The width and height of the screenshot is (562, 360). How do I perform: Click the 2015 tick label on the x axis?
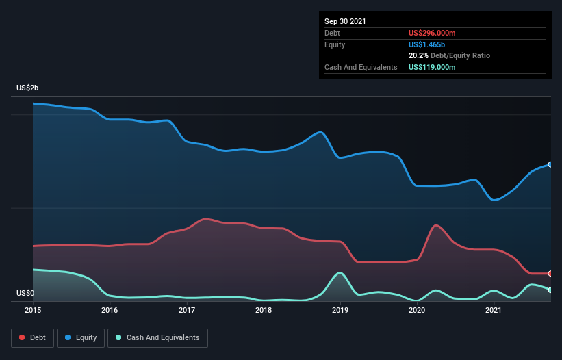tap(32, 310)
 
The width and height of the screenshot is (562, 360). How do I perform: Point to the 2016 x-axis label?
tap(110, 310)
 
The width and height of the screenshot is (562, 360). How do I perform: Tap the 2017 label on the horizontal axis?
tap(187, 310)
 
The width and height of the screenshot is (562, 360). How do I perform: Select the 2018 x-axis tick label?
tap(264, 310)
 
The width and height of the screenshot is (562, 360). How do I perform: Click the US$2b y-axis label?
tap(28, 88)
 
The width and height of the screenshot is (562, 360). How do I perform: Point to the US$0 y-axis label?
tap(25, 293)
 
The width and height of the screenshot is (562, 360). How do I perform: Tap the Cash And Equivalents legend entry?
tap(157, 337)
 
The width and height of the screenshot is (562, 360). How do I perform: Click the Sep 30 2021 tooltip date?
tap(345, 21)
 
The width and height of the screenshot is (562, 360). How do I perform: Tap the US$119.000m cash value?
tap(432, 67)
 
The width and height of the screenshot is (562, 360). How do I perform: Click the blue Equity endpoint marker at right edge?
tap(550, 164)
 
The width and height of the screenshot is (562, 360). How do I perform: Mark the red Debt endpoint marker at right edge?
tap(550, 273)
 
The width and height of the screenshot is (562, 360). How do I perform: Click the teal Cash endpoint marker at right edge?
tap(550, 290)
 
